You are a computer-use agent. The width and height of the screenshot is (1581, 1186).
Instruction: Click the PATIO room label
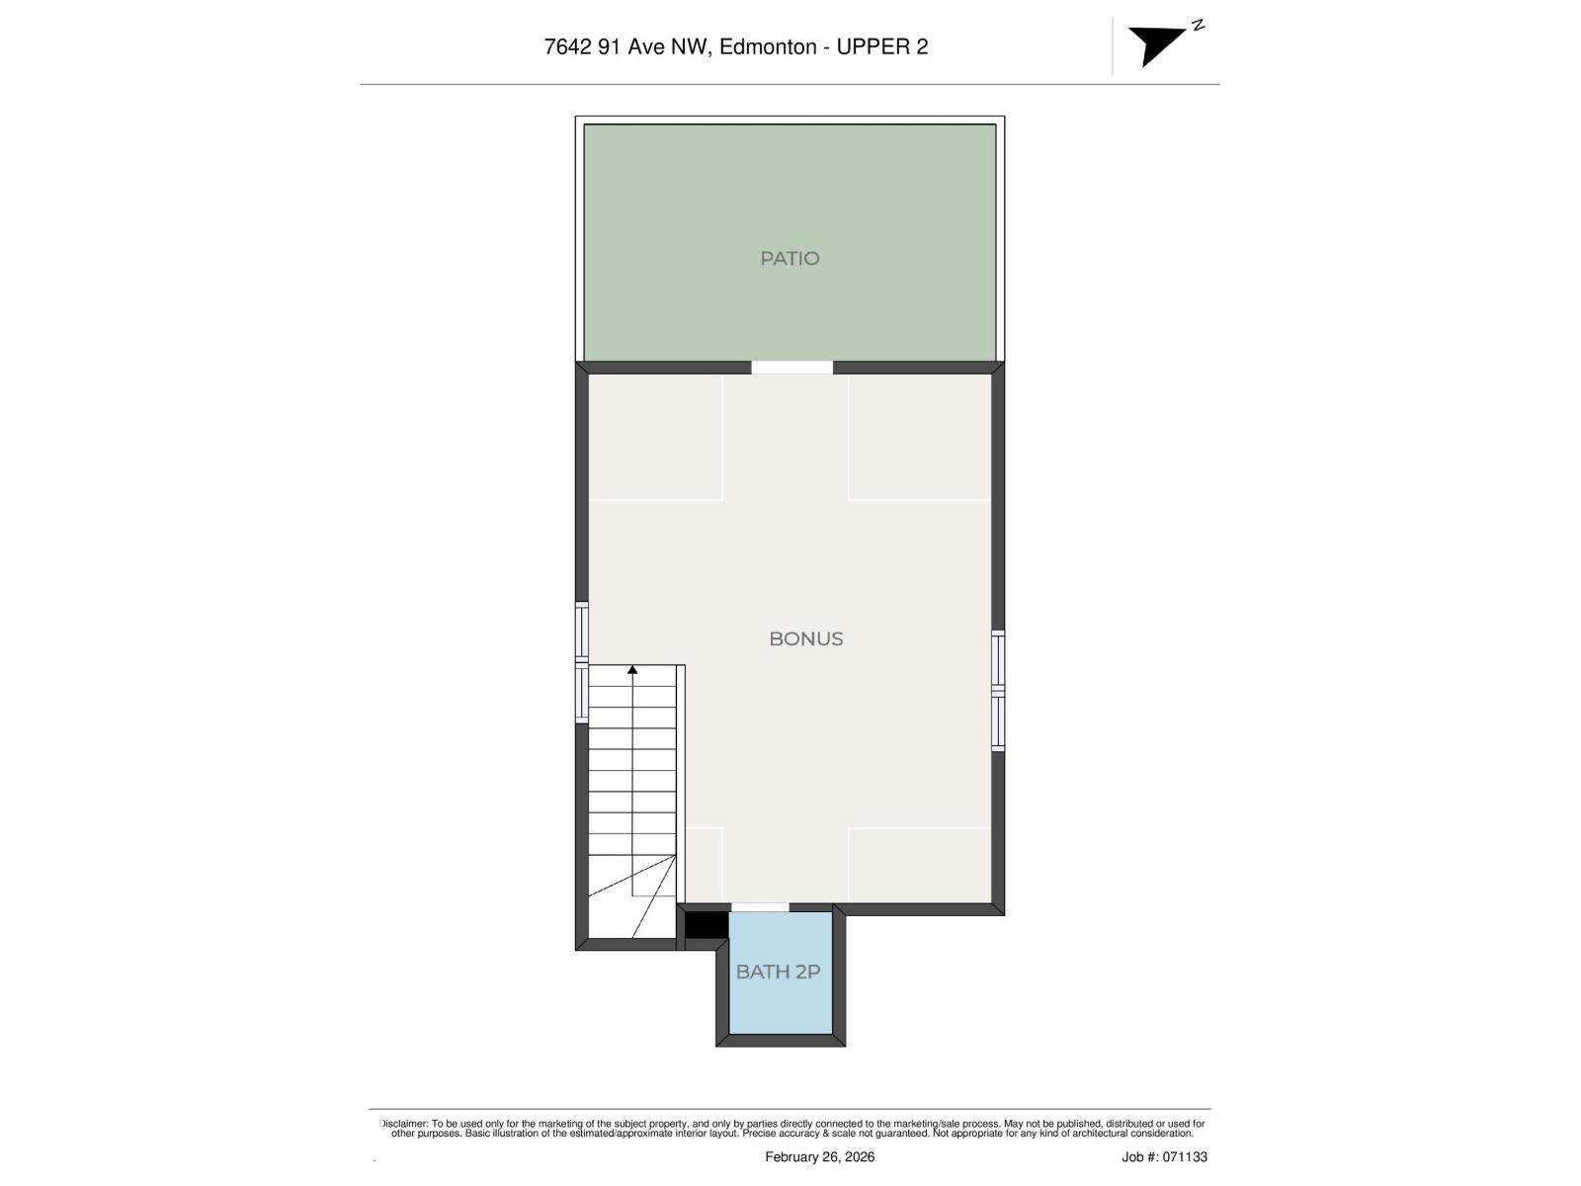tap(790, 259)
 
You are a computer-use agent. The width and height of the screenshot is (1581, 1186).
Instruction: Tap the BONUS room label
tap(806, 639)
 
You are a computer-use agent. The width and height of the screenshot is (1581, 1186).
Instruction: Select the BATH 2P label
tap(778, 973)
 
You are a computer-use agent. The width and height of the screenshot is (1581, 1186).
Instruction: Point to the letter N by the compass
tap(1198, 26)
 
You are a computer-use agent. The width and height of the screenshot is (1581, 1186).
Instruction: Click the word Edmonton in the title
tap(768, 46)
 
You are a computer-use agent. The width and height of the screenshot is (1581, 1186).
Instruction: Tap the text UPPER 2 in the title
tap(882, 46)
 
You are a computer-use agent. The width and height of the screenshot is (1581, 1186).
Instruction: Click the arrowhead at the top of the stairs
tap(632, 671)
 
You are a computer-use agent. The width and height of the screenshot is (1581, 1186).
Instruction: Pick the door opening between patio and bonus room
tap(791, 368)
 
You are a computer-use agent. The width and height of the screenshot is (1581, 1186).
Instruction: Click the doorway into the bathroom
tap(760, 907)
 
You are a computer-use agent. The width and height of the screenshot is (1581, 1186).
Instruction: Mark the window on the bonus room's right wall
tap(998, 690)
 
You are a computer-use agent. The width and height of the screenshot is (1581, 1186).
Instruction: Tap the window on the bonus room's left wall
tap(582, 661)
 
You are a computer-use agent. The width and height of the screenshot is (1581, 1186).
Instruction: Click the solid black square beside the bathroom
tap(705, 925)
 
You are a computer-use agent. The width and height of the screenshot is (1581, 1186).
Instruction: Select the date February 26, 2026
tap(820, 1157)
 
